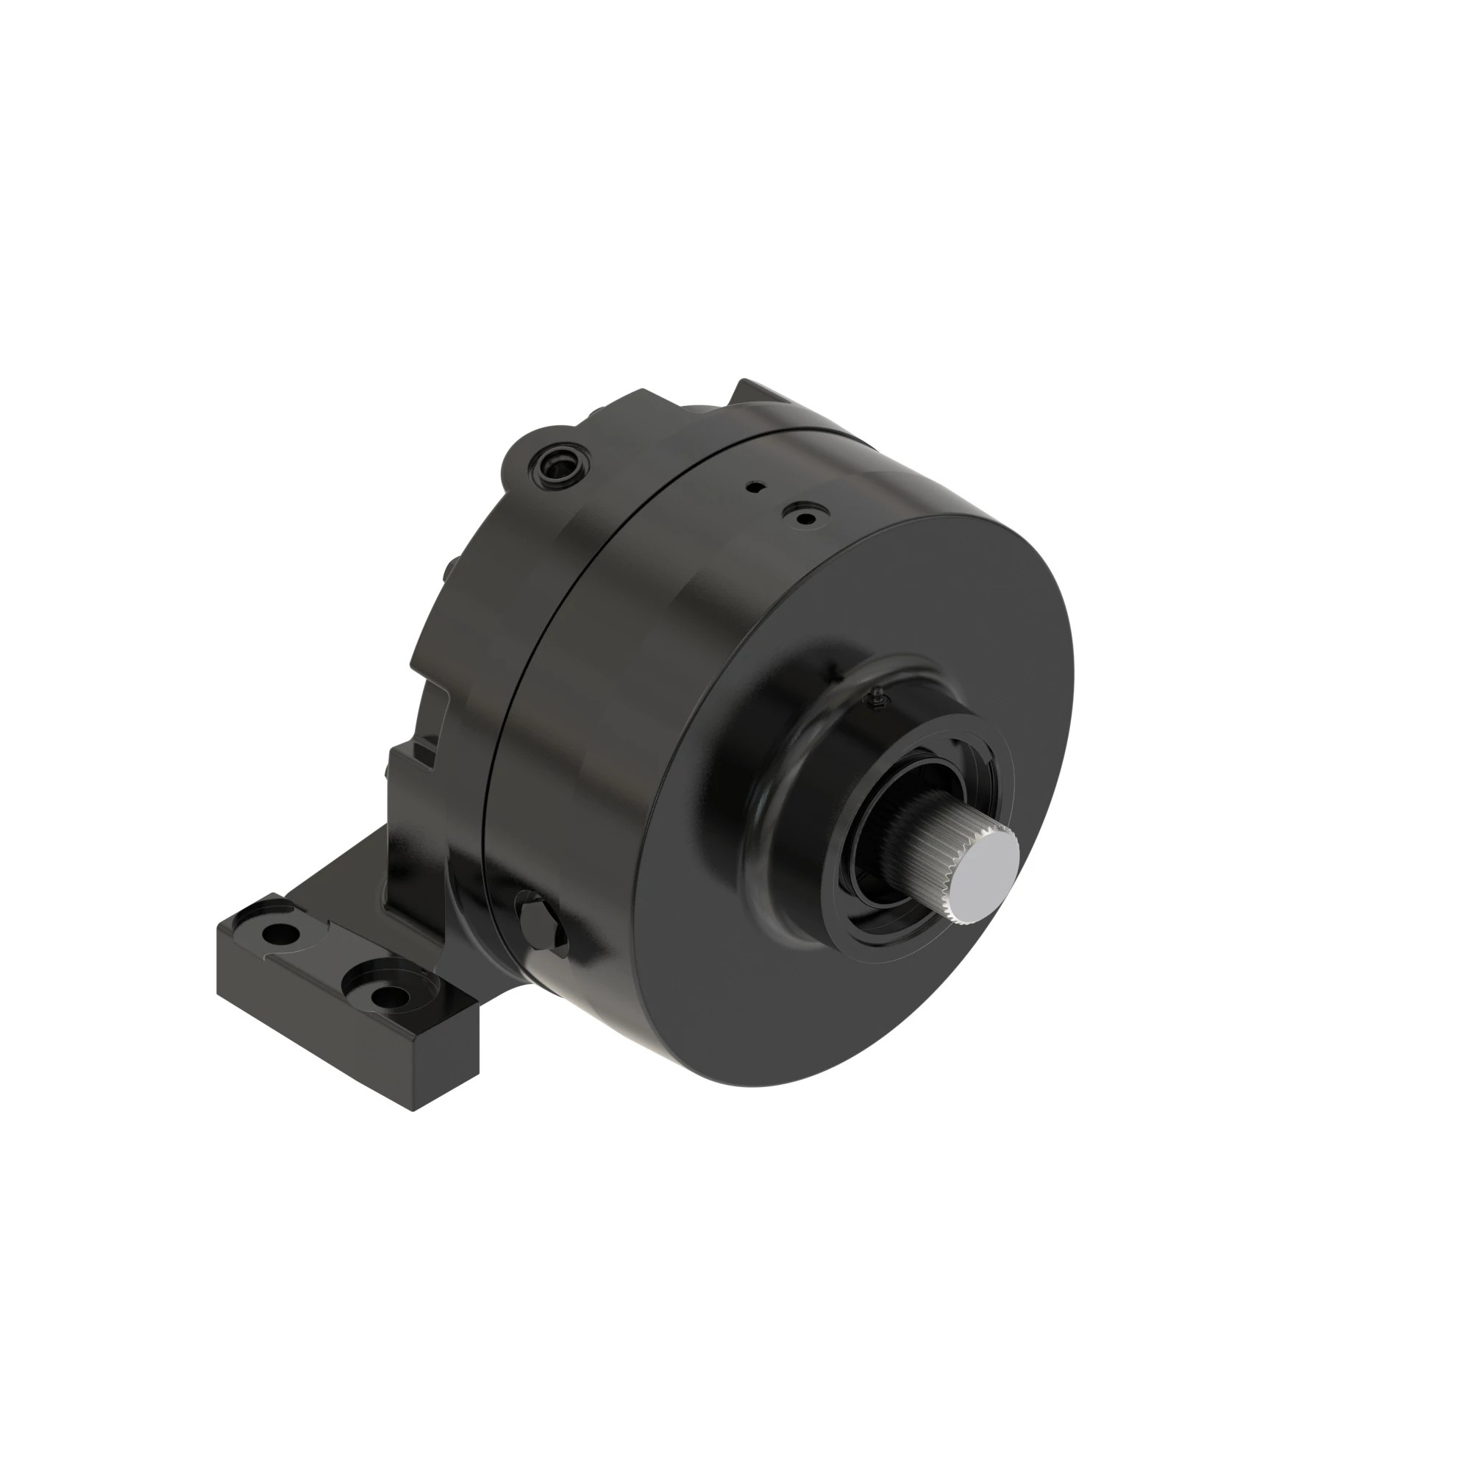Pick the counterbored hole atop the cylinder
point(802,517)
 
